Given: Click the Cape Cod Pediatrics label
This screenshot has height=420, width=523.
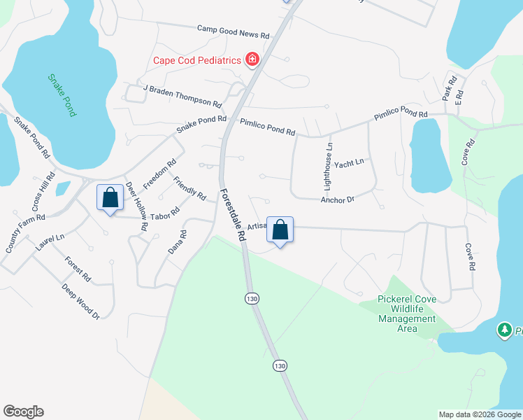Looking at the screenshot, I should click(196, 59).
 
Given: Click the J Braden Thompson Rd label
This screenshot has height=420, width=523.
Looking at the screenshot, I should click(182, 91).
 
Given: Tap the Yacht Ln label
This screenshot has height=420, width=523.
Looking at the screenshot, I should click(349, 163).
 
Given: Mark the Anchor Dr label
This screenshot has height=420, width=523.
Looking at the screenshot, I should click(338, 199).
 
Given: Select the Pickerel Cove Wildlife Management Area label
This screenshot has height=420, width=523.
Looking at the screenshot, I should click(406, 314).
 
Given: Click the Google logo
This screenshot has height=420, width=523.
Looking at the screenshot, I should click(23, 412).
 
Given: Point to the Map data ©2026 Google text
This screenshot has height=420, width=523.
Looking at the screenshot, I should click(479, 414).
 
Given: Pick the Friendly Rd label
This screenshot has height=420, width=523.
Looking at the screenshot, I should click(189, 188).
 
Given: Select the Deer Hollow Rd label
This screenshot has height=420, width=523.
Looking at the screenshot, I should click(135, 206).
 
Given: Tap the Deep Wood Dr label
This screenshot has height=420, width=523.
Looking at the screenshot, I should click(80, 302).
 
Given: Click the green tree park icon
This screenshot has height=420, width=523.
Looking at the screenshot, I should click(504, 330).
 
